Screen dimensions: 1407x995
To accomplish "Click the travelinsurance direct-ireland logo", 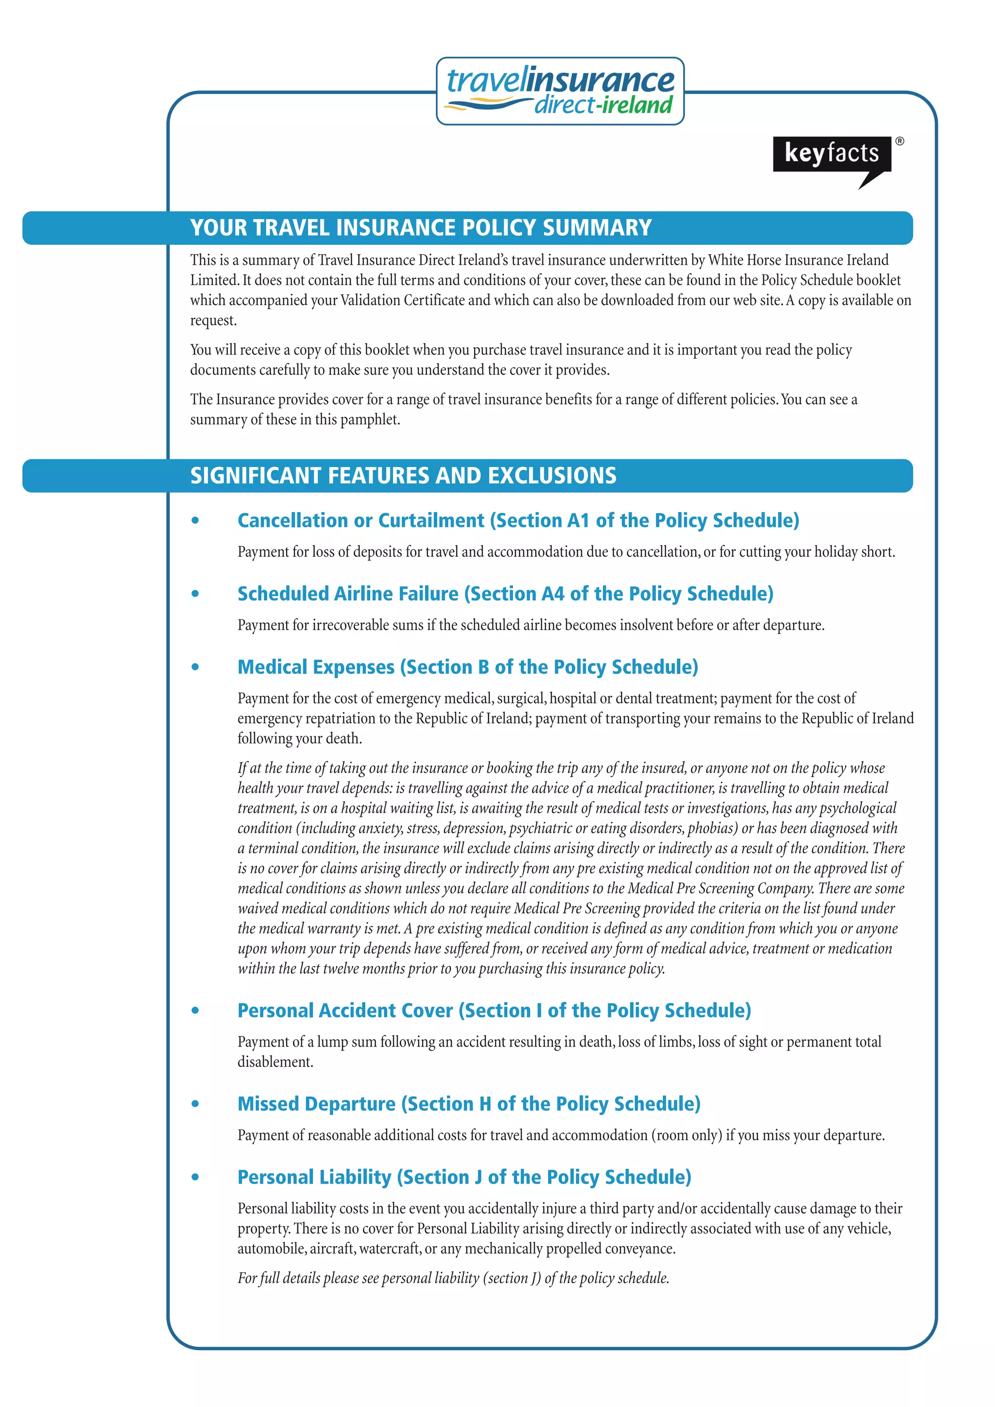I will [x=560, y=91].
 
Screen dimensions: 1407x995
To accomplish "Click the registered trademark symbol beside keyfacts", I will [x=899, y=141].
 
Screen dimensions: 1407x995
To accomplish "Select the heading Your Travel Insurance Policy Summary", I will [x=420, y=228].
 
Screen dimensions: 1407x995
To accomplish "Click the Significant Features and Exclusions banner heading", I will [x=403, y=476].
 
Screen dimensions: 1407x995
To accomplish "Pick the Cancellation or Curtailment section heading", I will [x=518, y=520].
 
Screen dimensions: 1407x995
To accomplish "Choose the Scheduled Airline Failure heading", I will [x=505, y=594].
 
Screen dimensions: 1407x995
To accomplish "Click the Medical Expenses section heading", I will [x=467, y=667].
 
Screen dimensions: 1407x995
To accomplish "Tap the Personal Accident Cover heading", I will [x=494, y=1011].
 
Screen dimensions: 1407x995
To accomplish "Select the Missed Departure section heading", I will [x=469, y=1104].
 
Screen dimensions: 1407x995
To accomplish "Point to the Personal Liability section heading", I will [x=464, y=1177].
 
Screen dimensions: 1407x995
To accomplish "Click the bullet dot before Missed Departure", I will [x=195, y=1104].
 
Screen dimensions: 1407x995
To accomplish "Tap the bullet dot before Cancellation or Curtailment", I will [x=195, y=521].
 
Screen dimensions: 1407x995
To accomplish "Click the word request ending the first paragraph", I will [x=213, y=321].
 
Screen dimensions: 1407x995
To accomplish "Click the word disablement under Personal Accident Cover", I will [x=275, y=1062].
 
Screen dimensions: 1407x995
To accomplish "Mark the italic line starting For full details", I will [x=453, y=1278].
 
